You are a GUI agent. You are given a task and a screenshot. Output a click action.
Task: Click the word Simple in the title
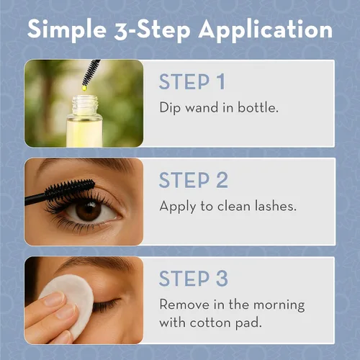[67, 30]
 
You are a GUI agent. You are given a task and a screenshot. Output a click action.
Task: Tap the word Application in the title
[266, 30]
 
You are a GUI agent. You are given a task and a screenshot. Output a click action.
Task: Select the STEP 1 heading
[192, 81]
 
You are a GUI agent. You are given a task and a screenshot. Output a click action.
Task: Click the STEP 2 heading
[194, 180]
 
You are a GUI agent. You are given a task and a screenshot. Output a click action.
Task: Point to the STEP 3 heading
[194, 279]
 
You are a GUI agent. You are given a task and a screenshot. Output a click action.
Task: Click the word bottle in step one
[258, 107]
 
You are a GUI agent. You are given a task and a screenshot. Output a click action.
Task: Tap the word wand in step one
[202, 107]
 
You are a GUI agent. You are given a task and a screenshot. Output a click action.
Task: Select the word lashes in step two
[276, 206]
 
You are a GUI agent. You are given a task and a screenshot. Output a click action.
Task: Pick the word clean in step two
[234, 206]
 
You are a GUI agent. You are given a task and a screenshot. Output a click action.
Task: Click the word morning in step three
[279, 305]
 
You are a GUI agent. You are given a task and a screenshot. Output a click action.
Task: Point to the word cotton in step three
[210, 323]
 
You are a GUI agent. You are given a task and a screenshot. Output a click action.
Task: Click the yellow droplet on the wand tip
[84, 88]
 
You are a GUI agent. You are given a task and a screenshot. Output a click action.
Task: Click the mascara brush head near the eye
[70, 189]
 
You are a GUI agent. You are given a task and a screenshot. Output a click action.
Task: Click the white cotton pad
[72, 302]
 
